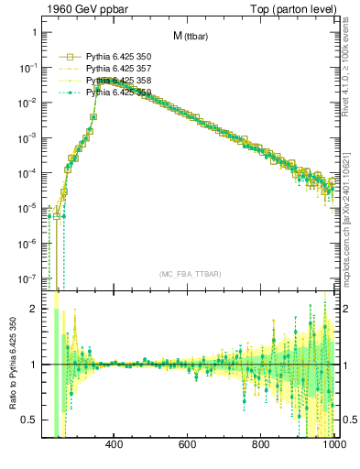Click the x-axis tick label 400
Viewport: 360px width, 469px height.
[x=115, y=446]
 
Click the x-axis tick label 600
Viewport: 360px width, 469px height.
[x=188, y=446]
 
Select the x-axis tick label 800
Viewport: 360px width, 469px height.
[x=261, y=446]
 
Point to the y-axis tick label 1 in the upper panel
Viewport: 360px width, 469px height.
[x=33, y=32]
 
